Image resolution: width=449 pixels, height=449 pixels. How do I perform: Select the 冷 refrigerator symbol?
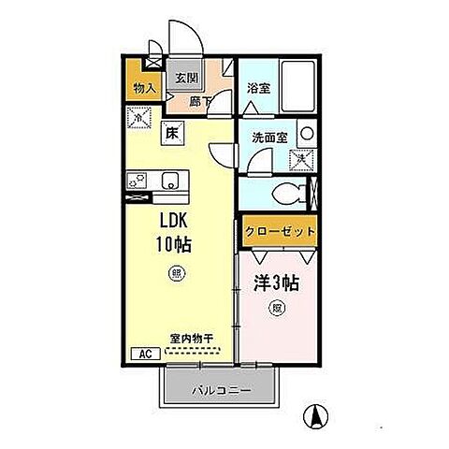coord(138,119)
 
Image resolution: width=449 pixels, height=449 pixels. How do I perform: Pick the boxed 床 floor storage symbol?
coord(173,132)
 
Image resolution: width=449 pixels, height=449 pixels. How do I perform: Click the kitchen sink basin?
coord(170,180)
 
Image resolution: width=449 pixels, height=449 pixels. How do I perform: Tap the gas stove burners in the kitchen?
coord(137,180)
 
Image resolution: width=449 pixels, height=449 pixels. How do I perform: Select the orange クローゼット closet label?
coord(278,231)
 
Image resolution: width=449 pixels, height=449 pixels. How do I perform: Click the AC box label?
coord(146,355)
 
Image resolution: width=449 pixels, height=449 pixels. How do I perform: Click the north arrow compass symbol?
coord(318,416)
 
